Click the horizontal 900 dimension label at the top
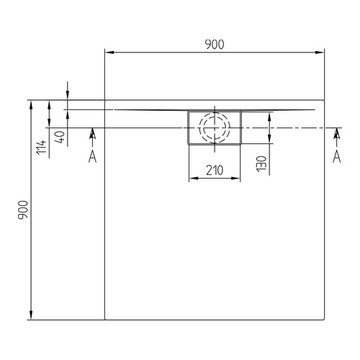(215, 45)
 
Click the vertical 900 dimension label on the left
(23, 210)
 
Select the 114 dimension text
(41, 148)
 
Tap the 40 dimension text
(60, 138)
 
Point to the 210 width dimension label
(215, 171)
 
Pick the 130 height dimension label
(261, 163)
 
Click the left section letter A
(92, 157)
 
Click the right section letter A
(337, 156)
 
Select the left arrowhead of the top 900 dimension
(109, 53)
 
